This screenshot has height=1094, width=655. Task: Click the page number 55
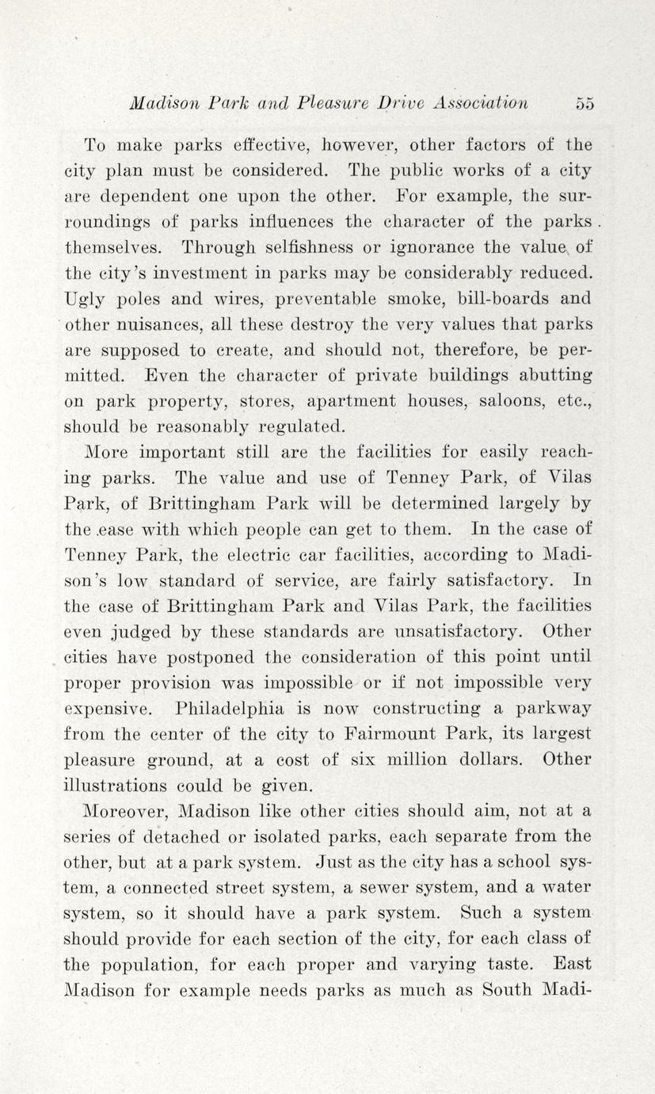[585, 103]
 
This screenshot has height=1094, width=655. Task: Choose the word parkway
[551, 708]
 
